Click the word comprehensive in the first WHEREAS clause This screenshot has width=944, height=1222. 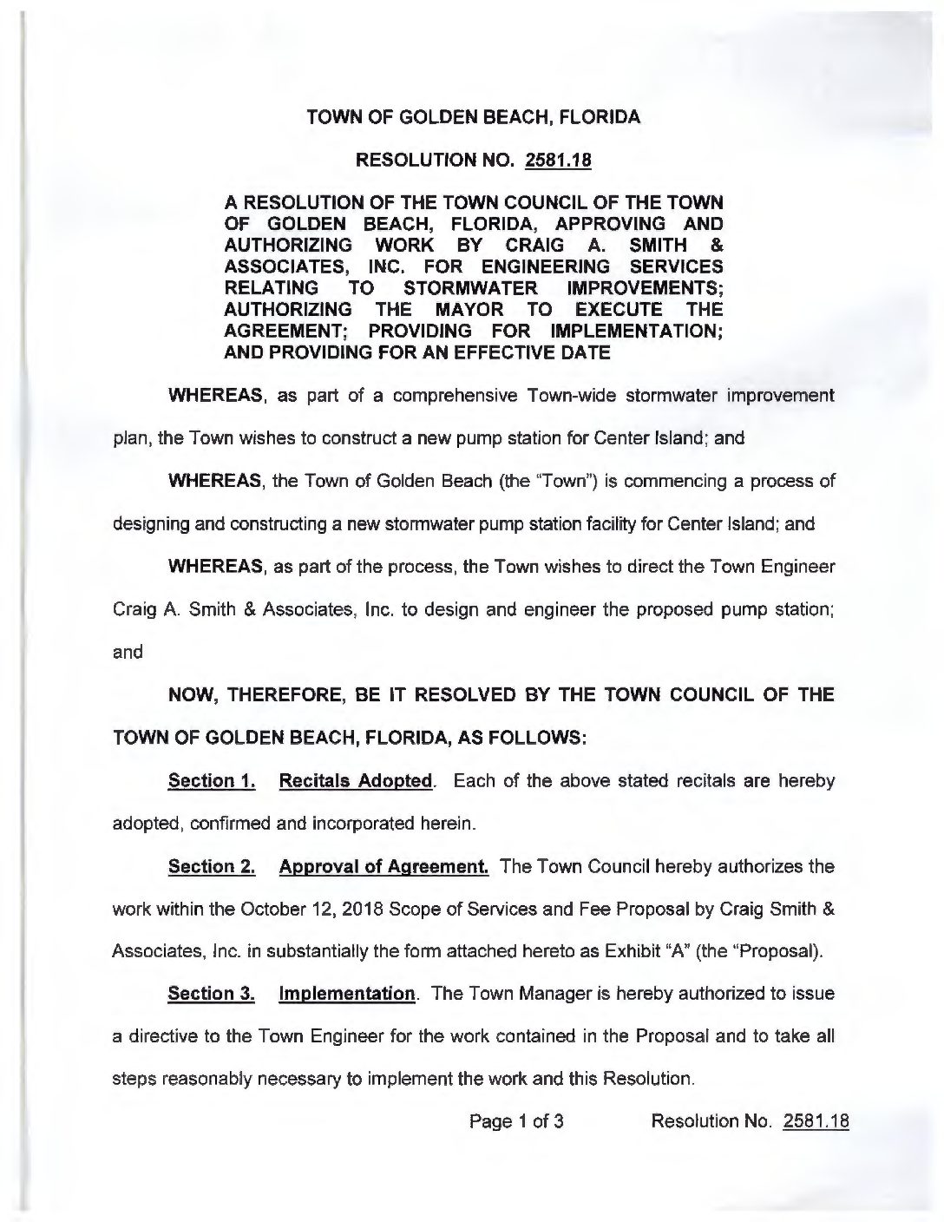pos(451,396)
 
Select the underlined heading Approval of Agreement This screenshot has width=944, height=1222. pos(383,866)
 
